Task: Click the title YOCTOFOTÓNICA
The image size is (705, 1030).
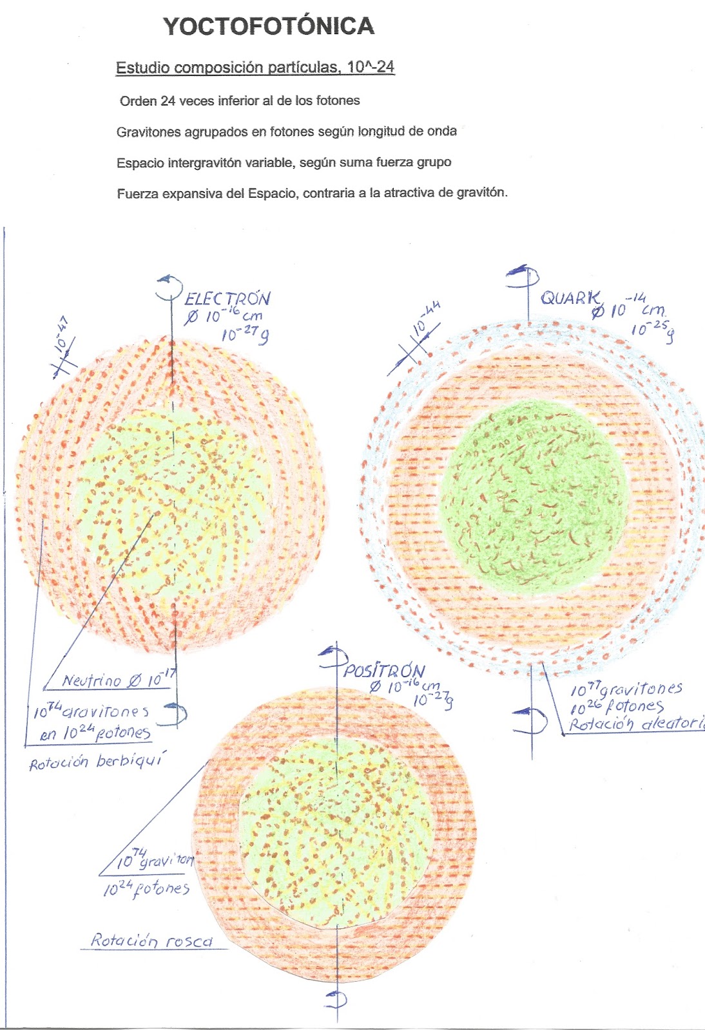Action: pyautogui.click(x=269, y=26)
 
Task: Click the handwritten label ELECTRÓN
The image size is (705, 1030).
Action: pyautogui.click(x=227, y=299)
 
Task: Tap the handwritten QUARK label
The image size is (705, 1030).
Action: pyautogui.click(x=570, y=298)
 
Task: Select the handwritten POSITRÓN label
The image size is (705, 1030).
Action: pyautogui.click(x=384, y=670)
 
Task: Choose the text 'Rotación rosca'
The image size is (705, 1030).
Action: pyautogui.click(x=151, y=941)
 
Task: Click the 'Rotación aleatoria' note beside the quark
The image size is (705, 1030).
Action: pyautogui.click(x=635, y=724)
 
